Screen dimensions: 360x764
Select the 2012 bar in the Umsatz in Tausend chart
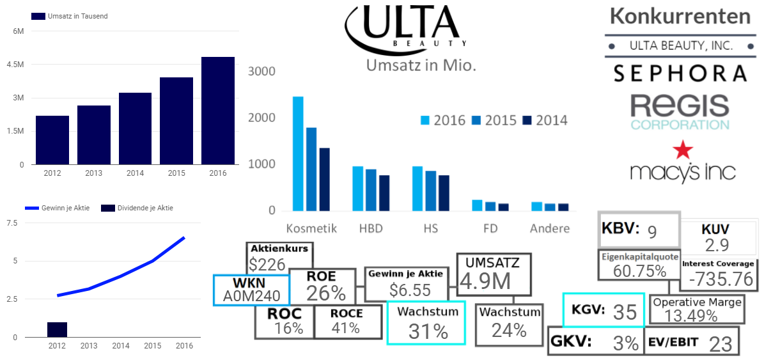pyautogui.click(x=52, y=140)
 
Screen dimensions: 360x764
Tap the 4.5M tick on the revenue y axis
pyautogui.click(x=17, y=65)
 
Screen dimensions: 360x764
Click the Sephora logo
pyautogui.click(x=679, y=73)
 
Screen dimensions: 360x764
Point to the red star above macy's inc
pyautogui.click(x=682, y=150)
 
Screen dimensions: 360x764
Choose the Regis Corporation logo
pyautogui.click(x=679, y=112)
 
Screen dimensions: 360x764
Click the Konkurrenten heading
pyautogui.click(x=680, y=16)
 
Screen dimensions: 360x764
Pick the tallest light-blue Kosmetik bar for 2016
pyautogui.click(x=298, y=153)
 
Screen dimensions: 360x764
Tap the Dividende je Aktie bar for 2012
pyautogui.click(x=57, y=329)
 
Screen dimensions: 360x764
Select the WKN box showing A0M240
pyautogui.click(x=251, y=290)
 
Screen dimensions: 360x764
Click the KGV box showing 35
pyautogui.click(x=600, y=311)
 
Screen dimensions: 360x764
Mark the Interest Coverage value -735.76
pyautogui.click(x=717, y=279)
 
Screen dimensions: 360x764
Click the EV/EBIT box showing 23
pyautogui.click(x=691, y=341)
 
